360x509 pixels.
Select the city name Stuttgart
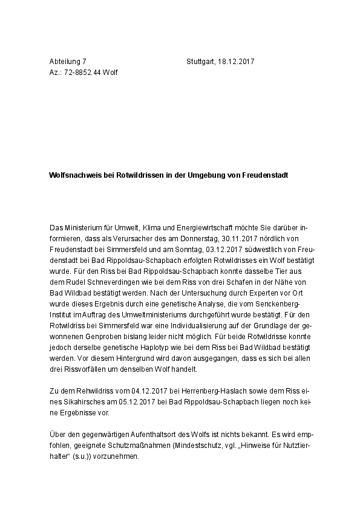pyautogui.click(x=201, y=62)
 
